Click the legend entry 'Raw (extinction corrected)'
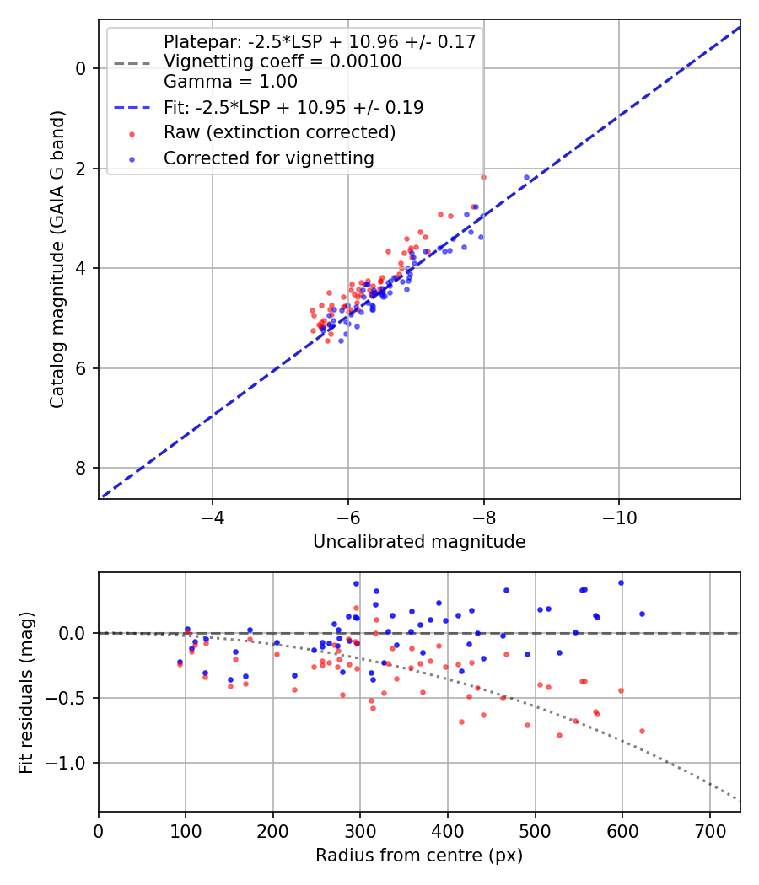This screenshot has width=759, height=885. (279, 132)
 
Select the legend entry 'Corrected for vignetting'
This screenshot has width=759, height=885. (268, 158)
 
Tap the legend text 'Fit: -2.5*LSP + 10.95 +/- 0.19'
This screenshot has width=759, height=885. (293, 107)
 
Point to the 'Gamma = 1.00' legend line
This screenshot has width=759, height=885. (230, 82)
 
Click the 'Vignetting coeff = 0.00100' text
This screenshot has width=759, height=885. (283, 62)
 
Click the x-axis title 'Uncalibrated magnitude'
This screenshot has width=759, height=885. (419, 542)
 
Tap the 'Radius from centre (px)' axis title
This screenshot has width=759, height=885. (419, 855)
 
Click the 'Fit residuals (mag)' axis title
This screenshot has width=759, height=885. (26, 692)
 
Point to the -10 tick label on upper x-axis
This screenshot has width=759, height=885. (619, 517)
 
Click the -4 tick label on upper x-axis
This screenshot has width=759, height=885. (212, 517)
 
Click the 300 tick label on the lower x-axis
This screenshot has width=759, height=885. (360, 829)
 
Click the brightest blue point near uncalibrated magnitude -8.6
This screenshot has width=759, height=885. (526, 178)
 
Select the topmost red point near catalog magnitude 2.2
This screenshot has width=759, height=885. (483, 177)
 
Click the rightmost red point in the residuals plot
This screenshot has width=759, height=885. (642, 731)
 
